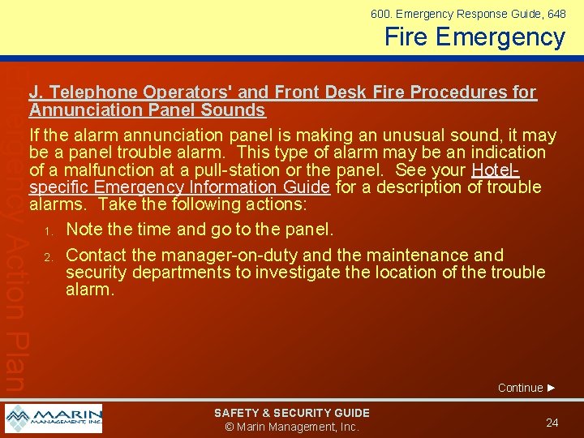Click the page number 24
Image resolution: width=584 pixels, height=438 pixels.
coord(552,423)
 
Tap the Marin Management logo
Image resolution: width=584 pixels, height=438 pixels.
coord(54,419)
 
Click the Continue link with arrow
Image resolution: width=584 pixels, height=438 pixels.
coord(526,388)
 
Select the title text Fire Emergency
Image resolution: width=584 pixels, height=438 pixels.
coord(474,37)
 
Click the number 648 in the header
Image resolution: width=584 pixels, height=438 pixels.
coord(556,14)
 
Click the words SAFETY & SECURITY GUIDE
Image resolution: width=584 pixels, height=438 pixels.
coord(291,413)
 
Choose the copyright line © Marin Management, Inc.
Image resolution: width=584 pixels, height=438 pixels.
coord(291,427)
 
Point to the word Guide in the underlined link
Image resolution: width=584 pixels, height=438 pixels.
coord(307,187)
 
